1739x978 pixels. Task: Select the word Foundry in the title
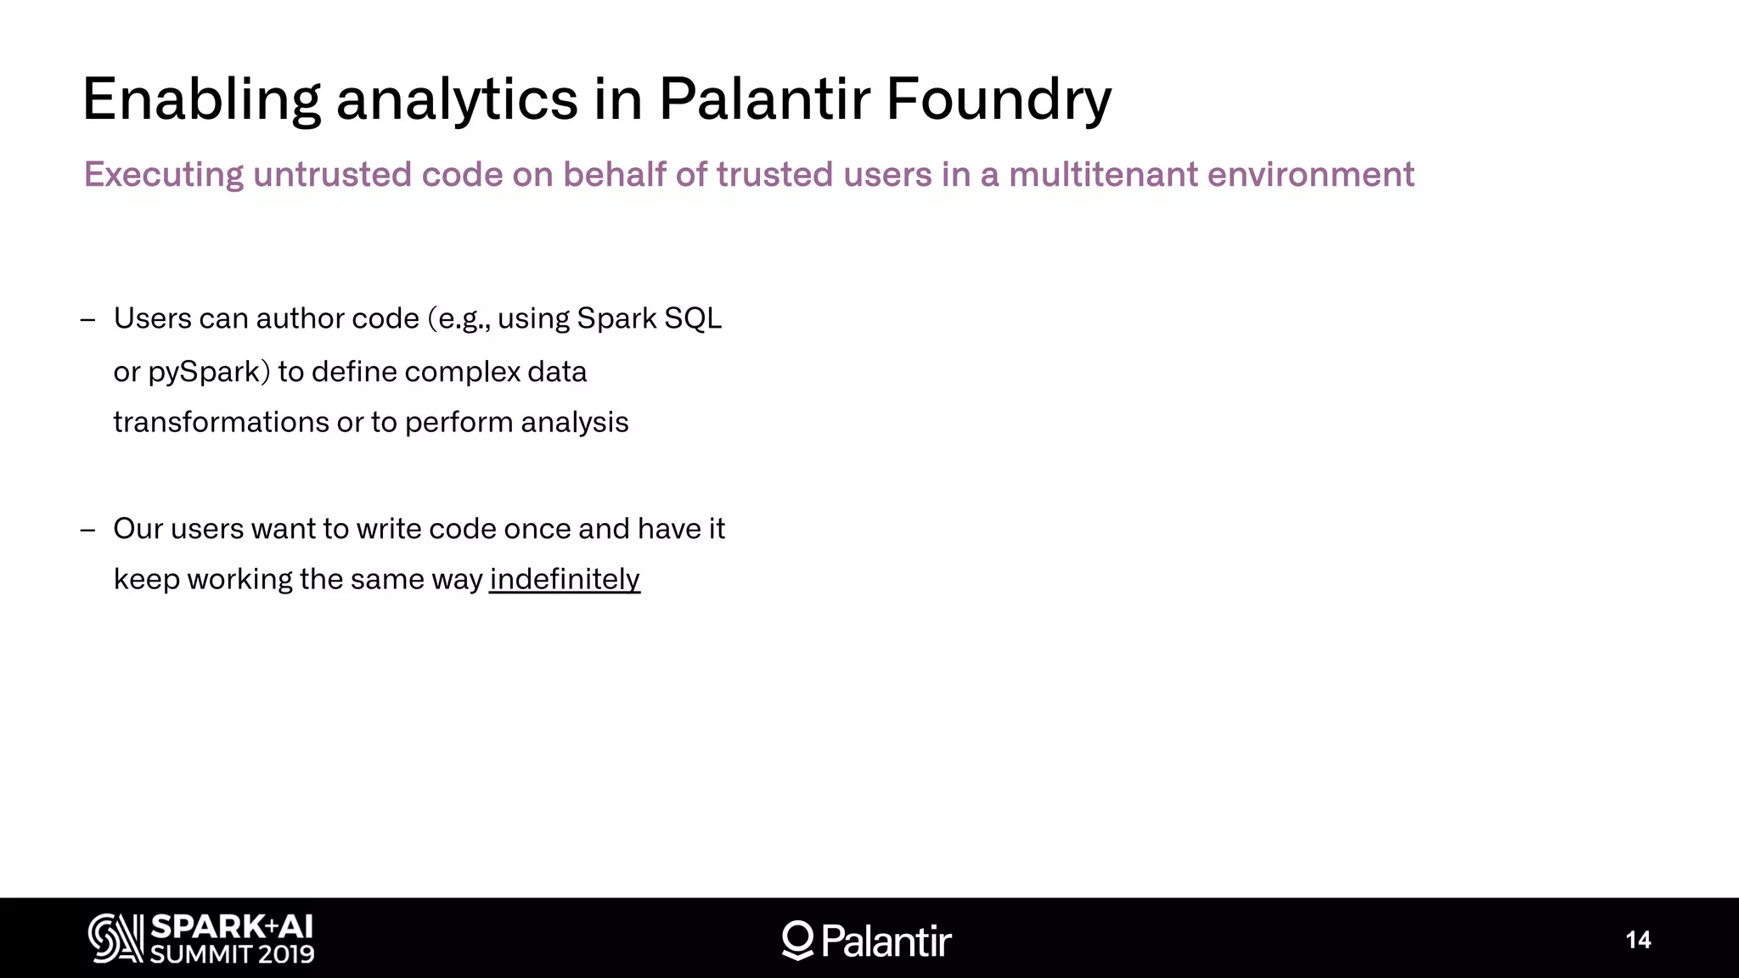coord(999,100)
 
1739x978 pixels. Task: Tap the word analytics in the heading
coord(458,100)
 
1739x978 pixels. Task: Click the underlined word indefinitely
coord(565,579)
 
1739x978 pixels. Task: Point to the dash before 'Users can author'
coord(87,319)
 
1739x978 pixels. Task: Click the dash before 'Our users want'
coord(87,530)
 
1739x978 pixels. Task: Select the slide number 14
coord(1638,940)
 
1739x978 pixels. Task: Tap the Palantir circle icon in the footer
coord(797,940)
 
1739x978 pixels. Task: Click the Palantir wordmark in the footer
coord(886,941)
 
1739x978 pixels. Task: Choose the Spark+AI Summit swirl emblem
coord(115,938)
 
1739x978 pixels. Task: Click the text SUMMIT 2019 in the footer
coord(232,954)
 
